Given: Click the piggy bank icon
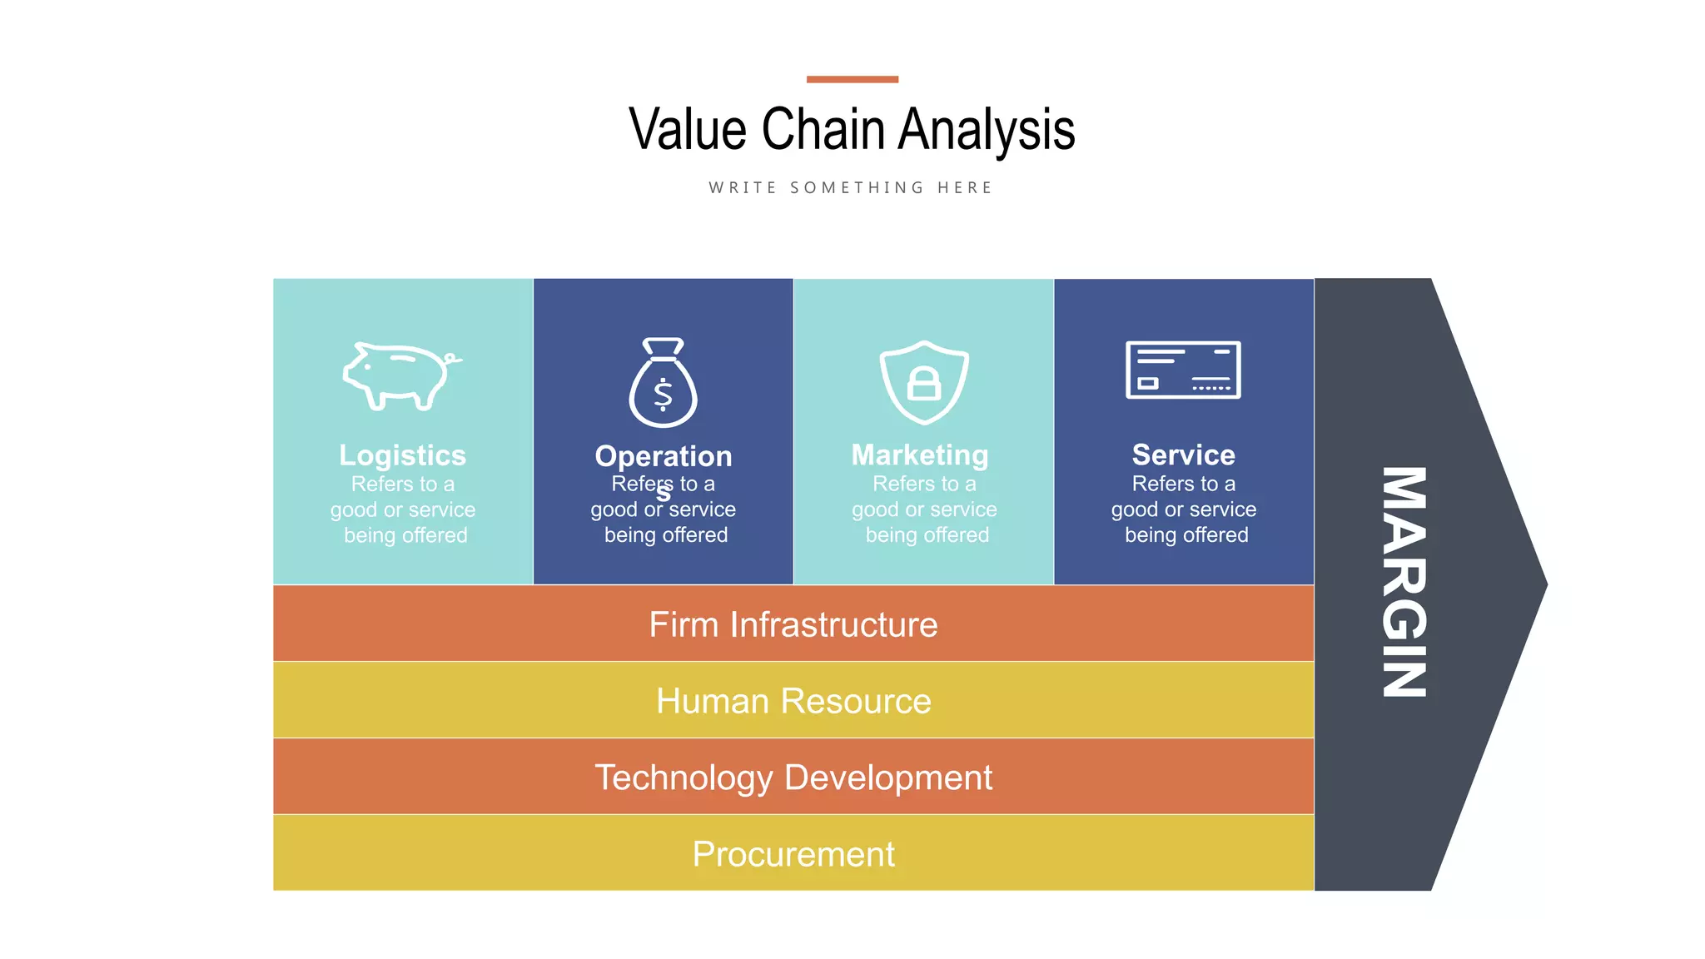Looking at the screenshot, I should (x=401, y=376).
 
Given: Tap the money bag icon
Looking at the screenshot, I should (x=663, y=384).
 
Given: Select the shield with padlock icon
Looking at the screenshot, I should (x=923, y=382).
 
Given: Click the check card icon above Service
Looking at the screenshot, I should (x=1183, y=370).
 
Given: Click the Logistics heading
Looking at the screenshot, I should (x=402, y=455).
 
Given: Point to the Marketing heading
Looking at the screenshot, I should (x=920, y=455).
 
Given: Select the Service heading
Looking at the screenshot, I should (x=1183, y=455).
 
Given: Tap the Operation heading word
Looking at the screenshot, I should (x=663, y=456).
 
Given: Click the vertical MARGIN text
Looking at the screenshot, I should (x=1404, y=582).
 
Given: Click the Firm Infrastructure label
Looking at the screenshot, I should (x=793, y=624).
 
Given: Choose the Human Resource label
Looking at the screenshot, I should (x=793, y=701).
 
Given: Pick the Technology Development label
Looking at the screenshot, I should (x=793, y=778).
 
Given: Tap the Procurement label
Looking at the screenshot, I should (x=793, y=854).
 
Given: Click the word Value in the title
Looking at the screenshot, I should (x=688, y=130).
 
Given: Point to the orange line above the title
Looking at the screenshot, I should (x=852, y=79).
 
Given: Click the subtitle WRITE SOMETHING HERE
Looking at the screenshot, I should (x=851, y=188).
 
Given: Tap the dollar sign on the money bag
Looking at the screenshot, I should (x=663, y=395).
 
